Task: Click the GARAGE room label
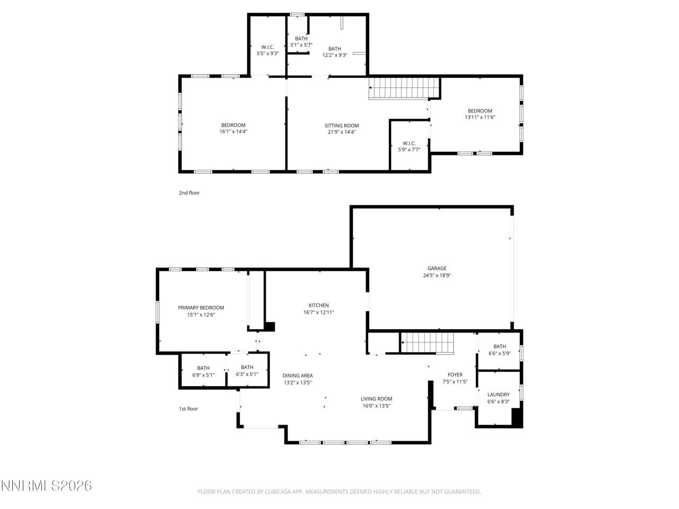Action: (x=437, y=268)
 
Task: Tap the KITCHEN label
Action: (x=319, y=305)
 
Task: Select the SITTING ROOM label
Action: (x=342, y=126)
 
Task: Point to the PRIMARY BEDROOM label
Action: (x=201, y=308)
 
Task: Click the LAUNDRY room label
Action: (x=498, y=394)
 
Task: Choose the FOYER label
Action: (x=455, y=374)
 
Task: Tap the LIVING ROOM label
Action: (x=376, y=399)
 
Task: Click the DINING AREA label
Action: (x=297, y=375)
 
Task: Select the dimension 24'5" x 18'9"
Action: (x=437, y=275)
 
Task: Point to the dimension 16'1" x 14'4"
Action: (x=233, y=131)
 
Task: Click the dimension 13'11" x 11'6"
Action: (x=480, y=117)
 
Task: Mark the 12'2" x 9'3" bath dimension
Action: (x=334, y=55)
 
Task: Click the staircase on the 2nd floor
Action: (x=404, y=88)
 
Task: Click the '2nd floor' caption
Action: (x=189, y=193)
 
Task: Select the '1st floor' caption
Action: (x=188, y=409)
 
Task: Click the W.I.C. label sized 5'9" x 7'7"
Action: (x=409, y=143)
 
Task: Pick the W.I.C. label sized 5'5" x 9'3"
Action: (x=267, y=47)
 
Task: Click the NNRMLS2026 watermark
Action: (x=47, y=486)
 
